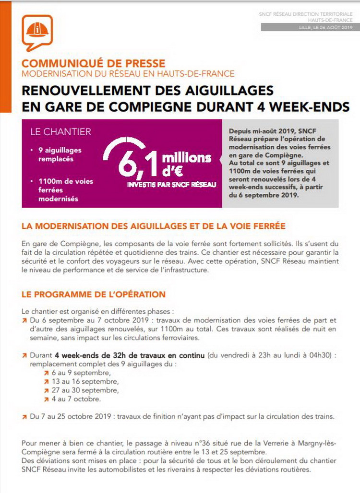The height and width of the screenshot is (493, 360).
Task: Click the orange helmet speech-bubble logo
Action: coord(37,32)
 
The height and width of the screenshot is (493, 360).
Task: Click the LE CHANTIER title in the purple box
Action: coord(60,131)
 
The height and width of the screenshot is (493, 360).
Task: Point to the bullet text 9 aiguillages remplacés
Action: coord(60,154)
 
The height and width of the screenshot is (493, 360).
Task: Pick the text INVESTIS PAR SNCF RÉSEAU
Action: coord(171,185)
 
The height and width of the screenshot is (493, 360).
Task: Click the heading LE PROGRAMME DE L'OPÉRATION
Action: coord(94,294)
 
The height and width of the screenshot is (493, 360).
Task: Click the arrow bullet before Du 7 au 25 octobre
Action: coord(24,416)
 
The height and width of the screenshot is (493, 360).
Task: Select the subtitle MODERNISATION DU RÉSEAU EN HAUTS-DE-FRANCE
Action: coord(128,74)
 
